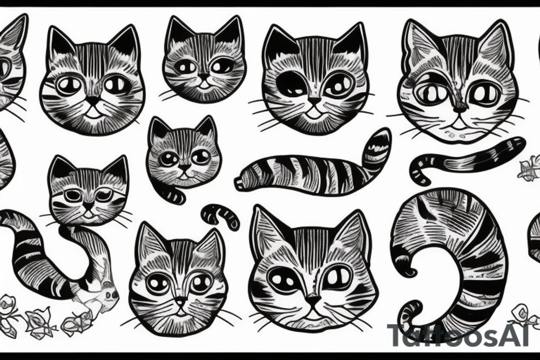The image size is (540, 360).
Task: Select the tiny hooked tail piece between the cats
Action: (x=220, y=215)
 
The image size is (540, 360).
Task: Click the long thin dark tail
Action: (x=467, y=157)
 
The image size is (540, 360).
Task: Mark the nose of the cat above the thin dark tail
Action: (x=460, y=108)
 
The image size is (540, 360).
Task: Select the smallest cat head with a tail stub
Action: (x=184, y=154)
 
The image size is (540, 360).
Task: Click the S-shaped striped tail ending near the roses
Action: (x=43, y=254)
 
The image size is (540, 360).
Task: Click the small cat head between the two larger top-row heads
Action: (x=205, y=60)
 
